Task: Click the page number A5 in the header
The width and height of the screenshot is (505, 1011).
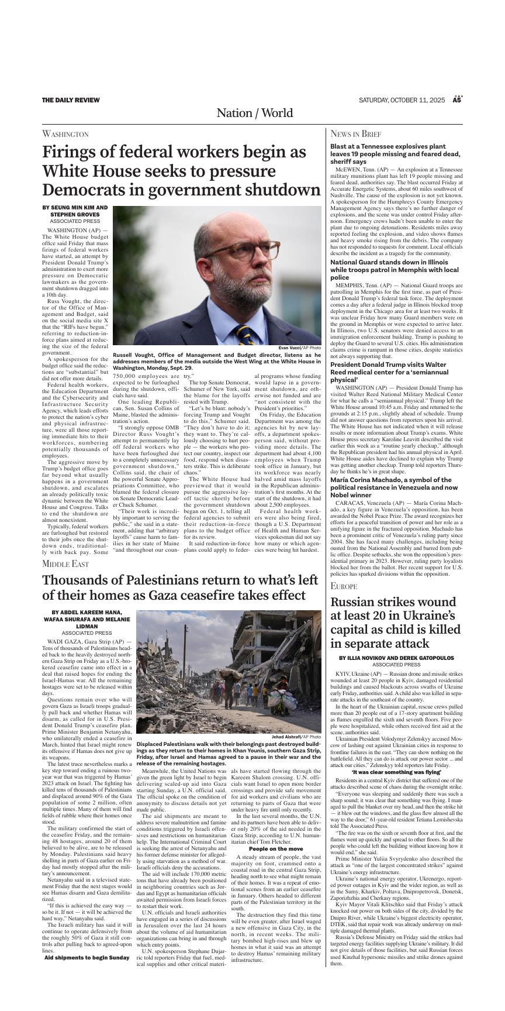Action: (457, 100)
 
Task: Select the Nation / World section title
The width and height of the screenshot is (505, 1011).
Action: (254, 113)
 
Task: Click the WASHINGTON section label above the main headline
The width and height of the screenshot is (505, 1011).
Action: (65, 134)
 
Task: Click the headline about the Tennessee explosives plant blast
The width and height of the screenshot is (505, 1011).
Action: (396, 153)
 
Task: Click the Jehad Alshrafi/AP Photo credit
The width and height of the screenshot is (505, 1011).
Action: (296, 737)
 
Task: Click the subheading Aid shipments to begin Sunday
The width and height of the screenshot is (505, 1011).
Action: (87, 958)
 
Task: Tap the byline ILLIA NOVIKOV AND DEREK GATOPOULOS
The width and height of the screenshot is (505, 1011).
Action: (396, 658)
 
